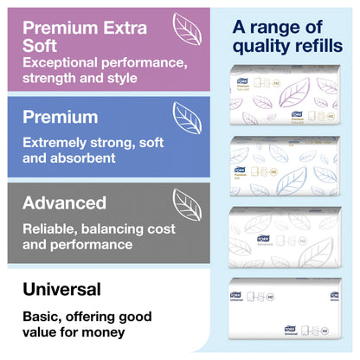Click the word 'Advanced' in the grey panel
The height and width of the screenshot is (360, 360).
tap(65, 203)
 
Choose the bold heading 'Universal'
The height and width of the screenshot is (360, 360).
tap(63, 289)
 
